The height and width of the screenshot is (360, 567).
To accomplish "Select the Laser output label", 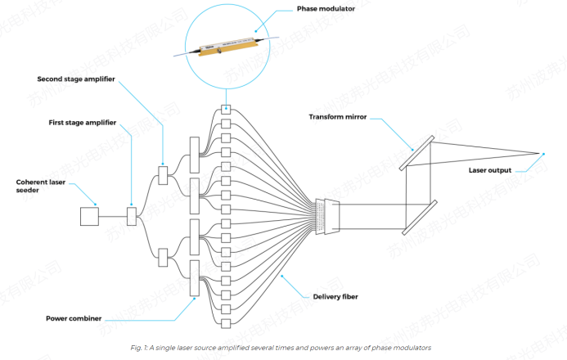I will (x=490, y=170).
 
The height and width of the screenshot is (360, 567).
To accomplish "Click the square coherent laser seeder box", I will (x=88, y=216).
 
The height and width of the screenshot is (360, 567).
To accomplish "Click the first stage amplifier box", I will (x=131, y=216).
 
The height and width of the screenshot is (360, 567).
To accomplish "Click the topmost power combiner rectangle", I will (x=194, y=155).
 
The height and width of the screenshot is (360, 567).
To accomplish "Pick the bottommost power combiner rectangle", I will (x=194, y=278).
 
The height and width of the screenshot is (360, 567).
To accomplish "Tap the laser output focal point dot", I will (x=541, y=154).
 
